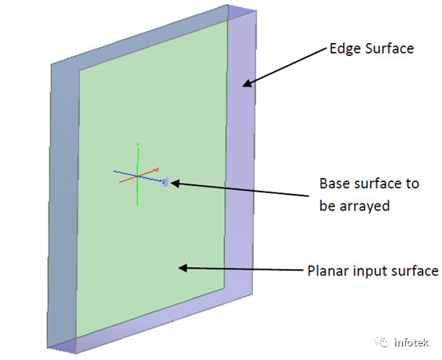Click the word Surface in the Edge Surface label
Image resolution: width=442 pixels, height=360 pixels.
[x=389, y=49]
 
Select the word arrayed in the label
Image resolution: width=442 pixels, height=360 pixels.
[x=365, y=206]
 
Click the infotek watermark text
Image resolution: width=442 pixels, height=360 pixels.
[x=411, y=342]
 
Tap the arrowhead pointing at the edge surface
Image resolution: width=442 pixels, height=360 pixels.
[x=247, y=84]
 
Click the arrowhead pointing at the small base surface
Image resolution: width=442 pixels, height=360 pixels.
[x=174, y=184]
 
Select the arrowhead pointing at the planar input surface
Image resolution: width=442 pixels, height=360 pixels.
[x=183, y=267]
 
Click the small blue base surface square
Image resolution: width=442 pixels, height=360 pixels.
[x=166, y=182]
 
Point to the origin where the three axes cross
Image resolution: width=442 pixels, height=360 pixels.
[x=137, y=176]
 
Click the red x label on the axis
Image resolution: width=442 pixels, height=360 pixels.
[x=157, y=169]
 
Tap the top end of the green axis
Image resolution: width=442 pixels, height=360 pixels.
[x=137, y=144]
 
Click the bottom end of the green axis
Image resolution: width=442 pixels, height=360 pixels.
[x=137, y=205]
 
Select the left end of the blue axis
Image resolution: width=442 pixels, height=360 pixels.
[x=113, y=171]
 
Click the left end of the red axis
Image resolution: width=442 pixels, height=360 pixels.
[x=119, y=183]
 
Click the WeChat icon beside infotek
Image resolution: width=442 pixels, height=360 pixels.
[x=382, y=342]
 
